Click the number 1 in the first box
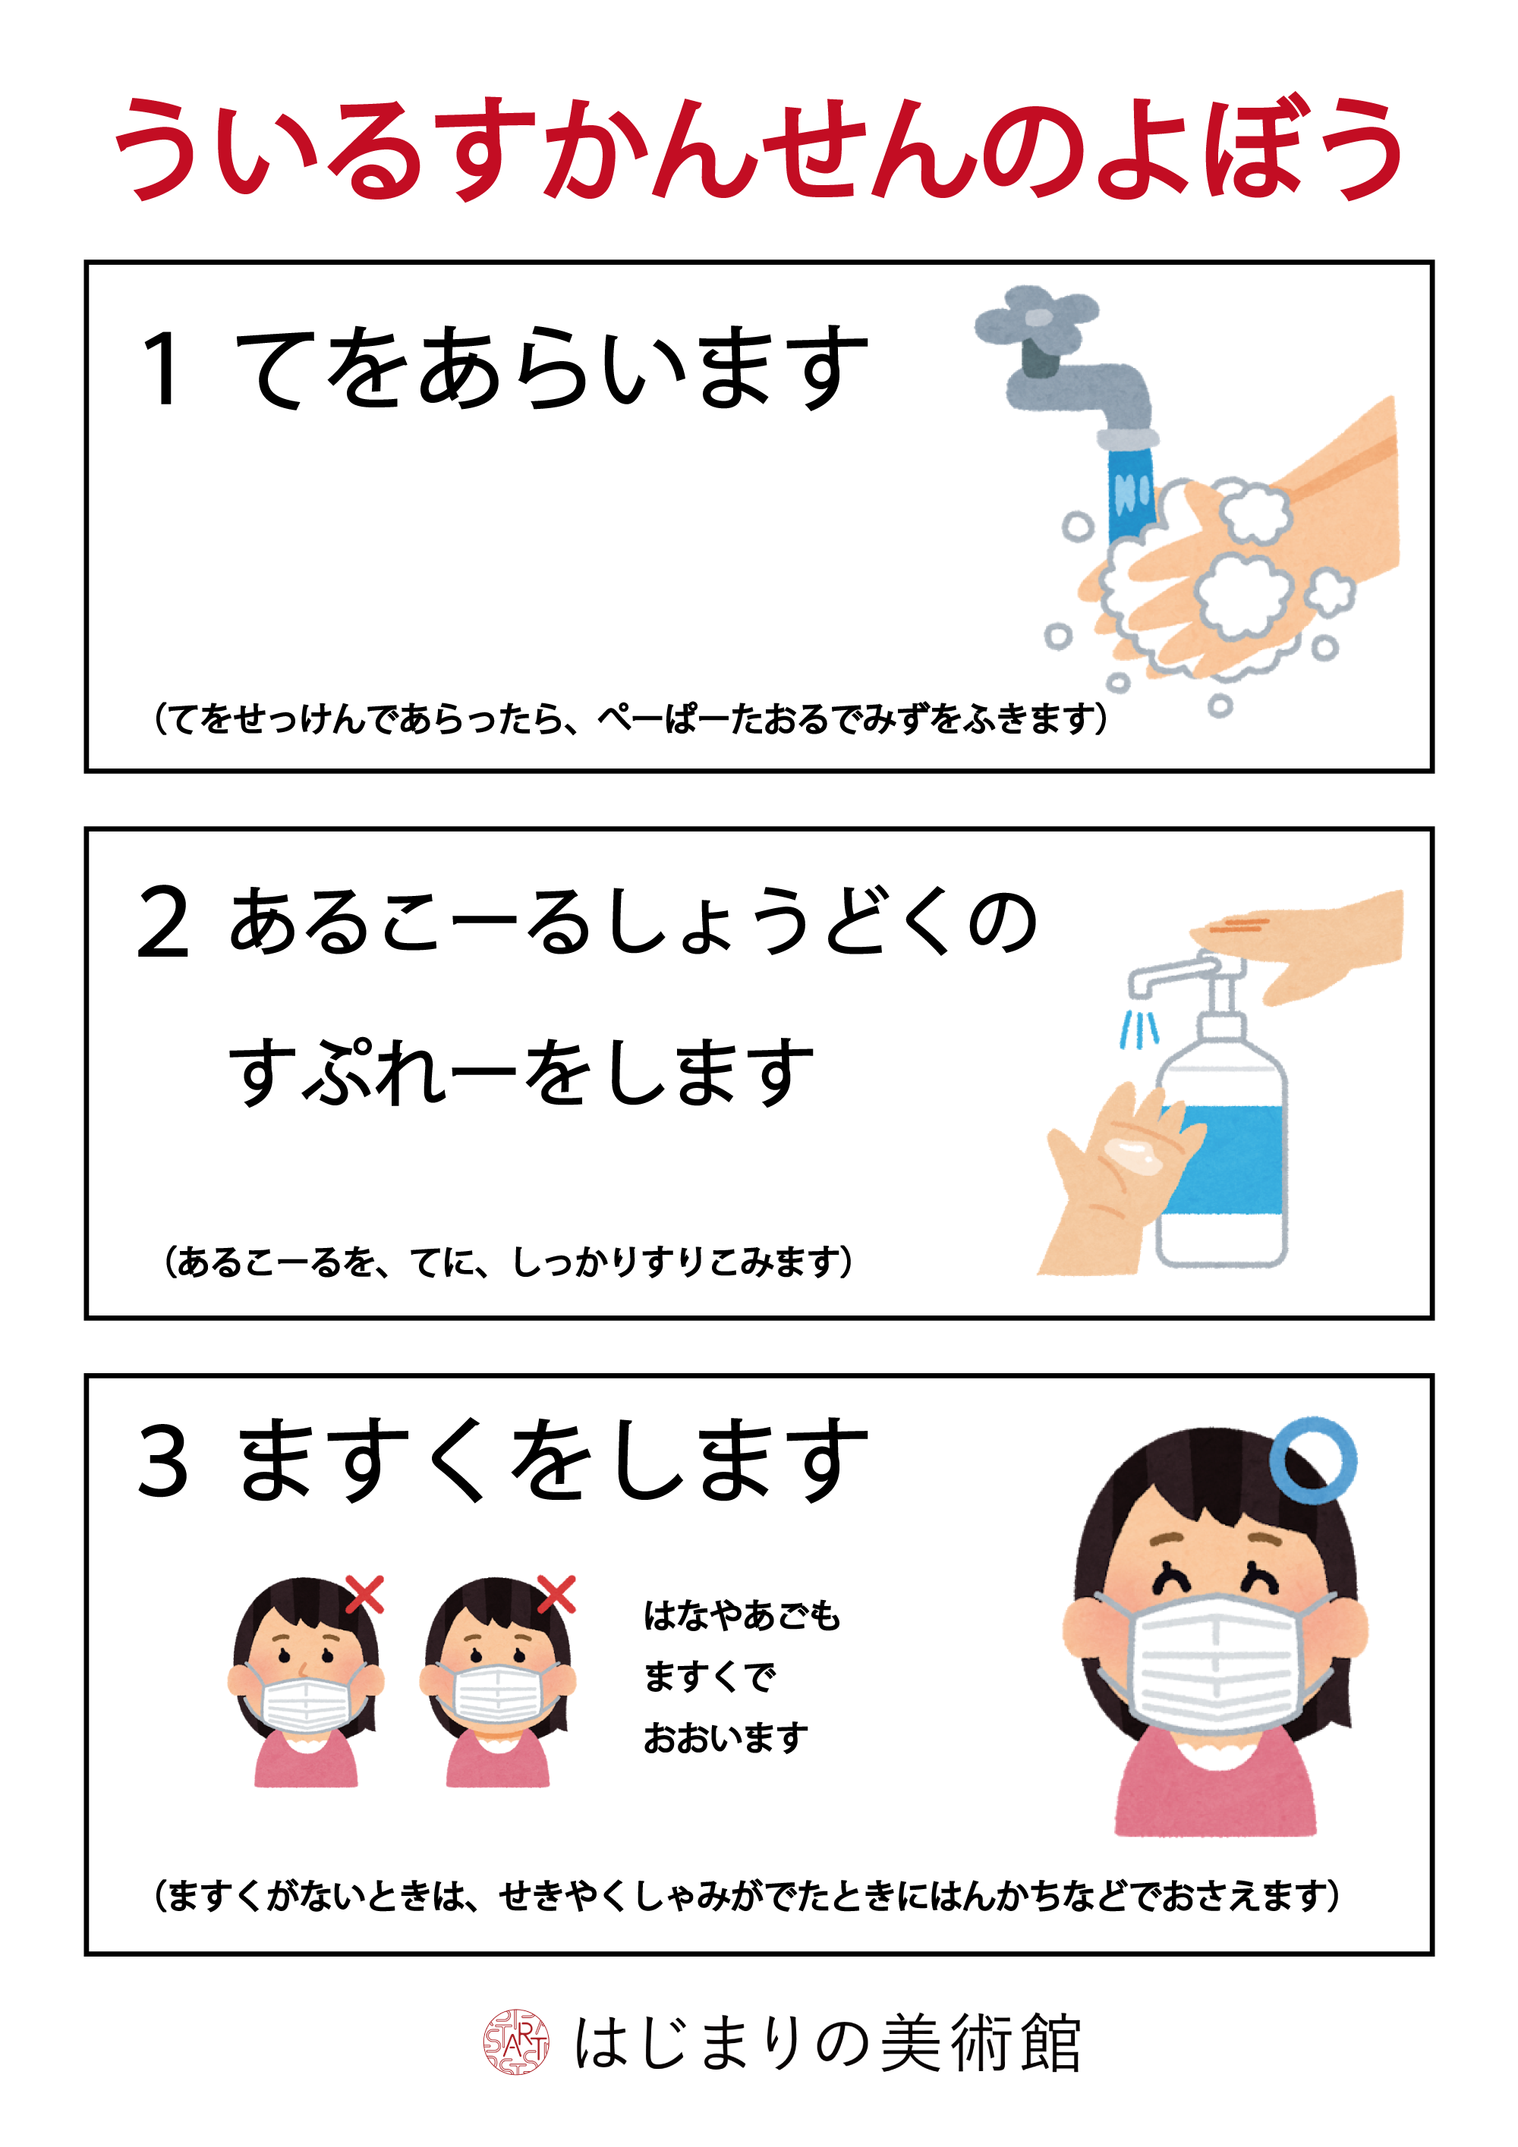click(x=161, y=369)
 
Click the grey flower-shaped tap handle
click(x=1035, y=318)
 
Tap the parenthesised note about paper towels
click(x=631, y=718)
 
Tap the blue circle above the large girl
click(x=1313, y=1460)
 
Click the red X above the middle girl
click(x=556, y=1593)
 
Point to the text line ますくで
click(x=709, y=1676)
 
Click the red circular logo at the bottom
click(x=515, y=2042)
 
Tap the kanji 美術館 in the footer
click(x=981, y=2042)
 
